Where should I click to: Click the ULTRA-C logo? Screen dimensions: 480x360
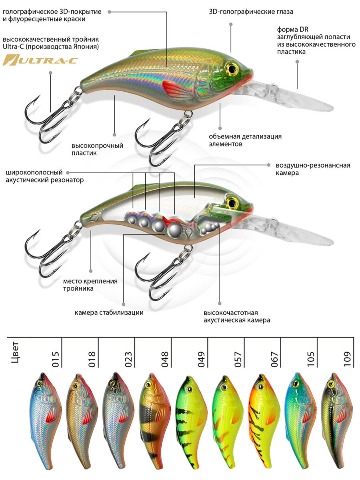[x=40, y=61]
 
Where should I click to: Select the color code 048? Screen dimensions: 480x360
[x=164, y=359]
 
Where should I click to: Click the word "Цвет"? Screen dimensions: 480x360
[x=16, y=354]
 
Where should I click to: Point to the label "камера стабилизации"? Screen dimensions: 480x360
[x=109, y=312]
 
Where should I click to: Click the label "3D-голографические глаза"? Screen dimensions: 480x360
[x=251, y=12]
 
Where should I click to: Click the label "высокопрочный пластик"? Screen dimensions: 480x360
[x=97, y=149]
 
